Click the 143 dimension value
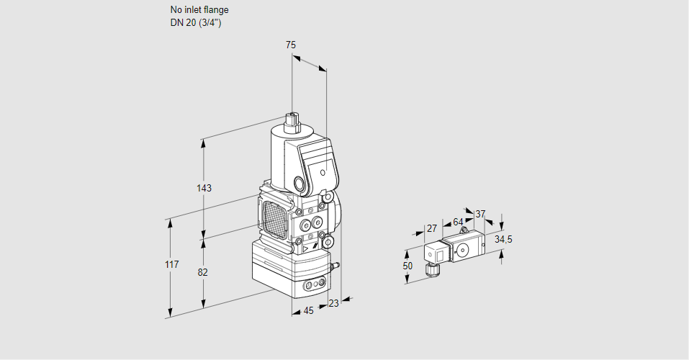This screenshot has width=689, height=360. point(204,189)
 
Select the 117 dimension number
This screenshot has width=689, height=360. point(171,266)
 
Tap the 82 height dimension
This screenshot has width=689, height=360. point(203,272)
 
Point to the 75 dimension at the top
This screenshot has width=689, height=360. point(291,45)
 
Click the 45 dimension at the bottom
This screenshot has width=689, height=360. point(308,311)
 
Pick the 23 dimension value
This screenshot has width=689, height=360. point(333,304)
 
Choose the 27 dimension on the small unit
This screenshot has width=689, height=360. point(432,229)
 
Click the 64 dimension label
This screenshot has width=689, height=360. point(458,222)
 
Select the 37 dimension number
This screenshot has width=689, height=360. point(481,214)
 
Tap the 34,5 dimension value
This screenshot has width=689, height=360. point(503,239)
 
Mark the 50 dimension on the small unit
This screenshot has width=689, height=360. point(408,266)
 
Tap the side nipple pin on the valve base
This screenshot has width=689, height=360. point(334,266)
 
